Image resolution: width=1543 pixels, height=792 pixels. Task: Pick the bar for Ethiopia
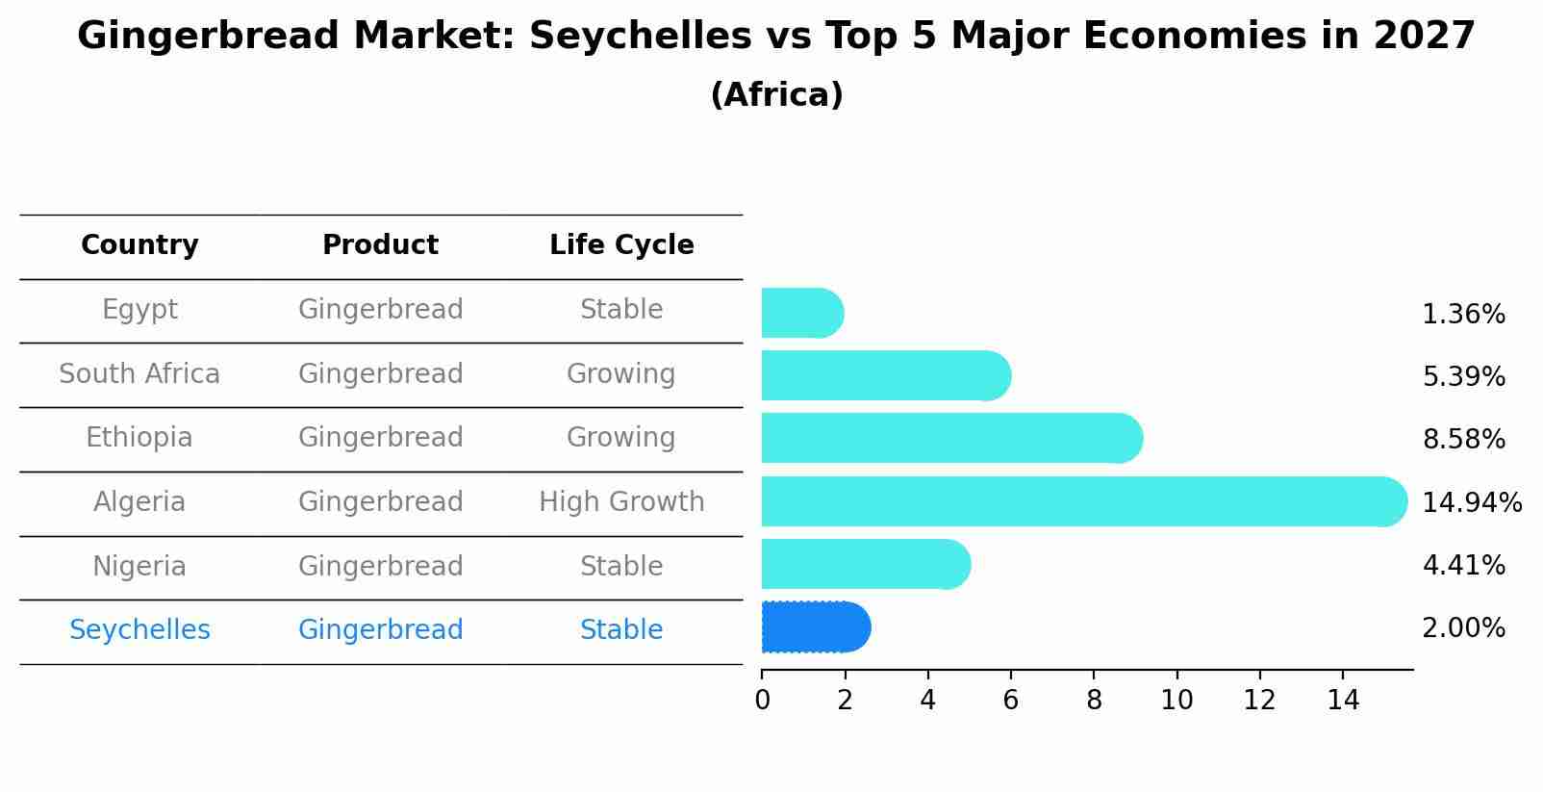[951, 438]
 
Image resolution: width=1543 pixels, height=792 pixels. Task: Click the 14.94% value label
[1471, 503]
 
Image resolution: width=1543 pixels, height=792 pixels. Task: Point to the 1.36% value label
[1462, 315]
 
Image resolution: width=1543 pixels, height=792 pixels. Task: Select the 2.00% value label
[1462, 628]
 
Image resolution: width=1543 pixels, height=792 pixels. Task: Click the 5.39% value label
[1462, 377]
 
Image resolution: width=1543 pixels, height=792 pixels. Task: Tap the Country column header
[139, 245]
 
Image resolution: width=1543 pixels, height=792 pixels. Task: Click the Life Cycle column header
[621, 245]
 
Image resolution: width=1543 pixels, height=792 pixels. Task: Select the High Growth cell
[621, 502]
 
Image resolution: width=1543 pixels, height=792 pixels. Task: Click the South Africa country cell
[139, 374]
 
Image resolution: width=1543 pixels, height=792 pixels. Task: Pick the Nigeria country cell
[139, 567]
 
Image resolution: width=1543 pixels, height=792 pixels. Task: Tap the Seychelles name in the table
[139, 630]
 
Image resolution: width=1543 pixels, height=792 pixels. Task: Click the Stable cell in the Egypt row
[621, 310]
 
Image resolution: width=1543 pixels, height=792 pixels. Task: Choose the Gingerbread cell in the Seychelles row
[380, 630]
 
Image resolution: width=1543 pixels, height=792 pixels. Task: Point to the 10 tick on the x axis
[1176, 701]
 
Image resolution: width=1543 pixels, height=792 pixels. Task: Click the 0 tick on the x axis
[762, 701]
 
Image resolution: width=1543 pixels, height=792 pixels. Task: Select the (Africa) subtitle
[776, 95]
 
